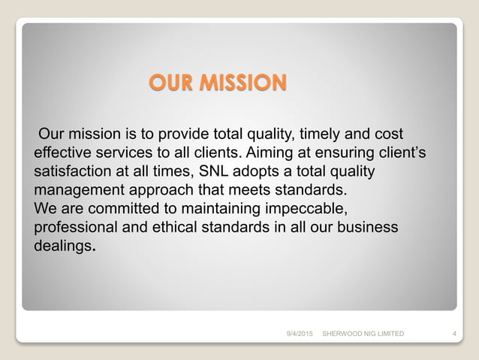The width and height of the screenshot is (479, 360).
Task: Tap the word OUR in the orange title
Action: [x=170, y=82]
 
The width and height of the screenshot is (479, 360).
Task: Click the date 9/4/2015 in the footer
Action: [x=299, y=333]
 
